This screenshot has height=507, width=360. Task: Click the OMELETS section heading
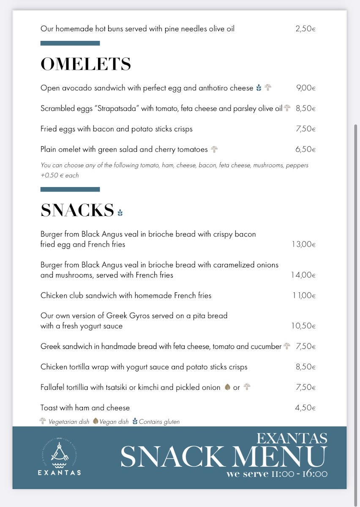pos(86,64)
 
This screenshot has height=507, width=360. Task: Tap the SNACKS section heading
pos(77,210)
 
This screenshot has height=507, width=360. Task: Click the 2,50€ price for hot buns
pos(305,29)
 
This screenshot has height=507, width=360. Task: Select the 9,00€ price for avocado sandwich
pos(305,88)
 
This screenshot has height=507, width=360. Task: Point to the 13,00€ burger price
pos(303,244)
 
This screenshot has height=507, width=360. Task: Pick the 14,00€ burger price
pos(303,275)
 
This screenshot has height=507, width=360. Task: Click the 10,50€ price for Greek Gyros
pos(303,326)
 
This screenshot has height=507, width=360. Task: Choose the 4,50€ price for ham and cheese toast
pos(305,408)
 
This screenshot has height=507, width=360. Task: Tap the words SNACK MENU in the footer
pos(224,456)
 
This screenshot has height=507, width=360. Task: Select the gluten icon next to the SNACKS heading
pos(120,212)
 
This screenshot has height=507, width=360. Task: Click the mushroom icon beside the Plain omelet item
pos(215,149)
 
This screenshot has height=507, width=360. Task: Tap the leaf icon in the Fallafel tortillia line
pos(227,387)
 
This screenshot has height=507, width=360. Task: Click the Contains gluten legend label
pos(159,422)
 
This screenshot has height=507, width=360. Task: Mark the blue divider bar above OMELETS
pos(70,43)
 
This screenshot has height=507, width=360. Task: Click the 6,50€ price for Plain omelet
pos(305,149)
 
